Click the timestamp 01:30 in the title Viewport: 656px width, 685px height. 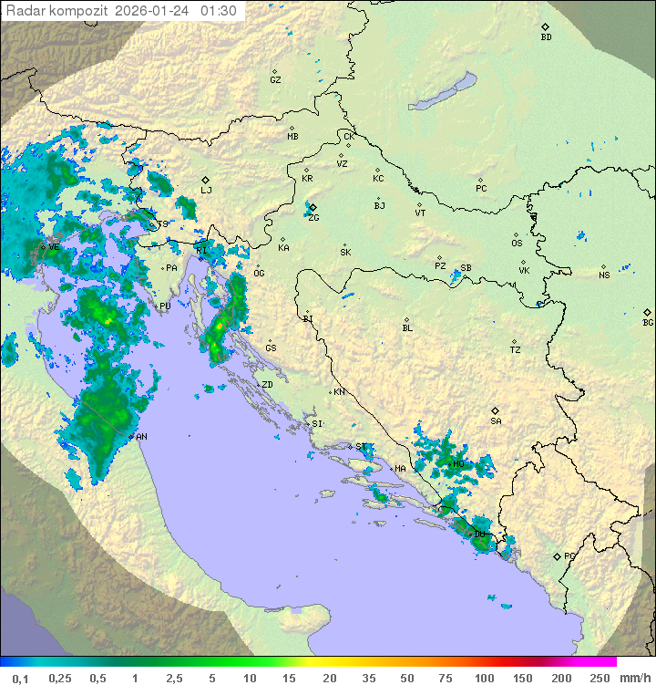click(219, 11)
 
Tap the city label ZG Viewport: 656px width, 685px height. click(313, 218)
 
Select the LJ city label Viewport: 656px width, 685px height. click(207, 191)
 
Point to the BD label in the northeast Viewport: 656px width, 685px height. click(546, 37)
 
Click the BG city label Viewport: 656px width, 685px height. click(648, 322)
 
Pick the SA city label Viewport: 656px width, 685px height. click(496, 421)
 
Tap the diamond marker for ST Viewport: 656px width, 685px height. click(351, 446)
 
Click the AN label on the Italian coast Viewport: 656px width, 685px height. click(141, 437)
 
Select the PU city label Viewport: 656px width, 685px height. click(165, 306)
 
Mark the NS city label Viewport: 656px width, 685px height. click(604, 275)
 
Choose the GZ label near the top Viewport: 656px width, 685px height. click(275, 80)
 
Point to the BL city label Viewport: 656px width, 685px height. click(407, 328)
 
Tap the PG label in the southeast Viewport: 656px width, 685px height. click(570, 555)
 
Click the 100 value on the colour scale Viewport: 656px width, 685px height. click(484, 678)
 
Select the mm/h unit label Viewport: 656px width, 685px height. click(631, 678)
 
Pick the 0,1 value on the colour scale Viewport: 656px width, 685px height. click(20, 678)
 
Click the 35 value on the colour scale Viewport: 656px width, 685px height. click(369, 678)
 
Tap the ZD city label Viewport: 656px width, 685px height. click(267, 385)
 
